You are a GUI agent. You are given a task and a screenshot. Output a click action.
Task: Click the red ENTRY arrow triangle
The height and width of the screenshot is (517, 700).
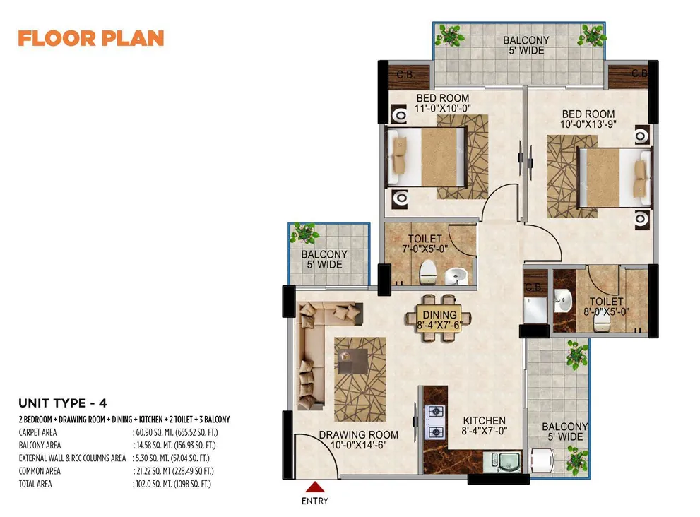(315, 487)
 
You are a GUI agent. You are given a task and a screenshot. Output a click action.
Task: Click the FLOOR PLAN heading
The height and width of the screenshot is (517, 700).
(91, 38)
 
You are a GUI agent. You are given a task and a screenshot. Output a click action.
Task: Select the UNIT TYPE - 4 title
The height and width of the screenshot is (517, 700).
(63, 403)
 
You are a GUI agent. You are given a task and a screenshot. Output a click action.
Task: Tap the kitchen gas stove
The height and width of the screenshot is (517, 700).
(436, 422)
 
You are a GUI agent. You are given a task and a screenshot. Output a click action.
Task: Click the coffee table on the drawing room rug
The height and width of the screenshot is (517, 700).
(352, 361)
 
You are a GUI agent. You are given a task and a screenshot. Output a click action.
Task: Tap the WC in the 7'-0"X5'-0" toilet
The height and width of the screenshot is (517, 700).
(427, 273)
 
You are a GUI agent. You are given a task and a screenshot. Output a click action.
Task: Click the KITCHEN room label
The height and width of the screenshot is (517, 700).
(484, 420)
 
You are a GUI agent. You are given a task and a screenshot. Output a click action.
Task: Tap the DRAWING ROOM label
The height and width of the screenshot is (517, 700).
(359, 434)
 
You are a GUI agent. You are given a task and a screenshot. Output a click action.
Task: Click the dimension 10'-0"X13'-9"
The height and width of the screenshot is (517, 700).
(588, 124)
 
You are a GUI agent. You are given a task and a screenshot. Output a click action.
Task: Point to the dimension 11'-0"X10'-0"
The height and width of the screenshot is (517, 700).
(442, 109)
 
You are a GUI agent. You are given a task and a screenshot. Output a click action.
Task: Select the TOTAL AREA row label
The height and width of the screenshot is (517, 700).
(35, 484)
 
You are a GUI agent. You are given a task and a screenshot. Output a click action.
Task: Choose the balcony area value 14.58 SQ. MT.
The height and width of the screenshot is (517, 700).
(154, 445)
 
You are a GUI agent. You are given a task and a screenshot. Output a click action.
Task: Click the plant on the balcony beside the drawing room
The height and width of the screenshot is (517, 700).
(304, 233)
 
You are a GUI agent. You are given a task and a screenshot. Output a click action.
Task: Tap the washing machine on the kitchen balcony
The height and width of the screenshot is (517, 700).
(542, 460)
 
